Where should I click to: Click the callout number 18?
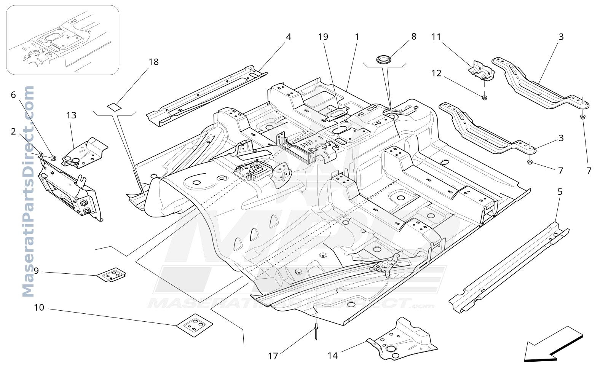(154, 62)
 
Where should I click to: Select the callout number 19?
(323, 37)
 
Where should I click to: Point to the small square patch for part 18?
(114, 106)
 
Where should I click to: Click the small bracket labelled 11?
(481, 71)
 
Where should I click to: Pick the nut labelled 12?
(485, 97)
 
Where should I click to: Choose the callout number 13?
(72, 116)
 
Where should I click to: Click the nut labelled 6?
(53, 158)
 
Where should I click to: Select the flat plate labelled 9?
(111, 274)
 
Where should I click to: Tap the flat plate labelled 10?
(195, 325)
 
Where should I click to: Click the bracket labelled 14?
(402, 339)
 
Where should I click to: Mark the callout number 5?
(560, 192)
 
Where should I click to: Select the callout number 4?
(289, 37)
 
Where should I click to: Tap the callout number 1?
(357, 37)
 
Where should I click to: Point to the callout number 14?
(333, 356)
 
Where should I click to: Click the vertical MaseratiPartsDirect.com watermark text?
(28, 191)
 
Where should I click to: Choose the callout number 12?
(436, 73)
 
